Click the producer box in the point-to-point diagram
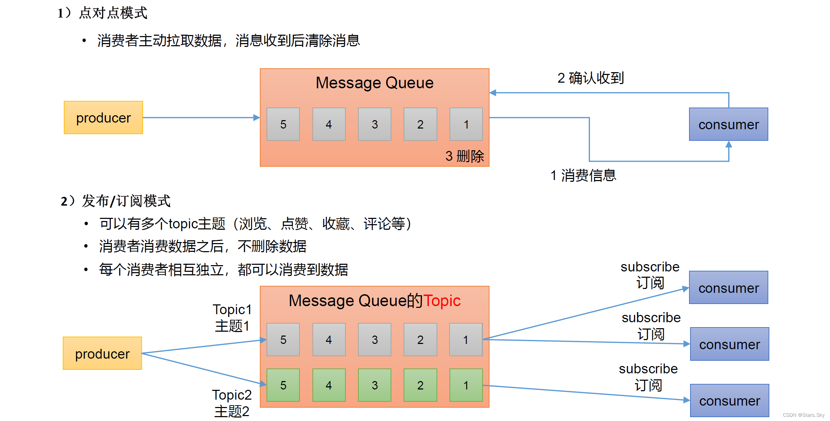coord(103,118)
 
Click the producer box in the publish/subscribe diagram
coord(102,353)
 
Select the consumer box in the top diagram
coord(728,124)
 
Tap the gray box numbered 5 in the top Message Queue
coord(283,124)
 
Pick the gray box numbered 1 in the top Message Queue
coord(466,124)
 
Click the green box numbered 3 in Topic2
coord(374,385)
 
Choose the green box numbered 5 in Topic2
coord(283,385)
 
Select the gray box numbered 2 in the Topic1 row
coord(420,339)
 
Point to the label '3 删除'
coord(464,156)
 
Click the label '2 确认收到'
coord(591,78)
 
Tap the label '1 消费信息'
coord(583,175)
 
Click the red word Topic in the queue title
coord(442,301)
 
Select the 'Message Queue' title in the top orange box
coord(374,83)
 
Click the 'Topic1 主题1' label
coord(232,318)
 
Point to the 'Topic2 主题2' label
coord(232,403)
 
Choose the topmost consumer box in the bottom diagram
coord(728,288)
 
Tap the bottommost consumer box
coord(729,401)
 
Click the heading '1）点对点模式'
coord(102,13)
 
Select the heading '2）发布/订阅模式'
coord(116,201)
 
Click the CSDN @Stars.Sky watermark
coord(803,415)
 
